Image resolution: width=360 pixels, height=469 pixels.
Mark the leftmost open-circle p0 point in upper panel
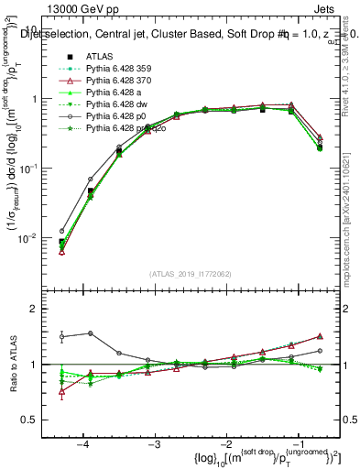click(x=62, y=231)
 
